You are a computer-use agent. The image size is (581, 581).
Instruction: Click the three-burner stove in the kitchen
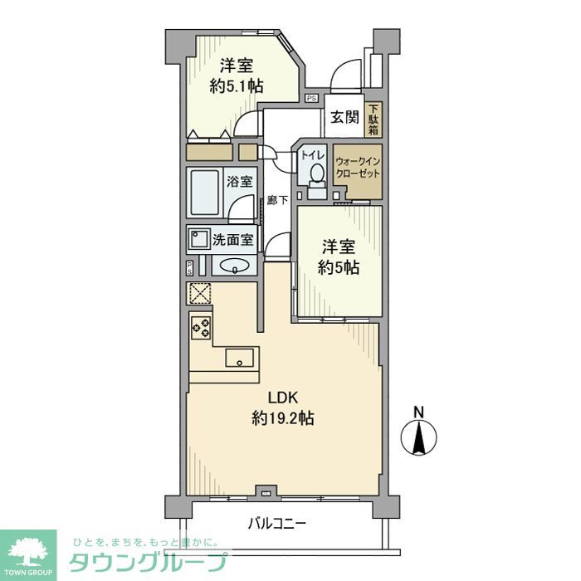pos(201,327)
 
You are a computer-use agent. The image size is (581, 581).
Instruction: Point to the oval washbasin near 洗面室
pos(236,266)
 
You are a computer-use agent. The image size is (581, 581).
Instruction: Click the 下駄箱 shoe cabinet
pos(374,119)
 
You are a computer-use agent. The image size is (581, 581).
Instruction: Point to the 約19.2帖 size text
pos(282,419)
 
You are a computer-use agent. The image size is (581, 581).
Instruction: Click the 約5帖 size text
pos(340,267)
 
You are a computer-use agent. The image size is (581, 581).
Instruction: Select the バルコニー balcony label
pos(277,524)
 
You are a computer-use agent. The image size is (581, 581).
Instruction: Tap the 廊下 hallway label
pos(277,200)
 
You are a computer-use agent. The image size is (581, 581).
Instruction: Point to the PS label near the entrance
pos(311,98)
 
